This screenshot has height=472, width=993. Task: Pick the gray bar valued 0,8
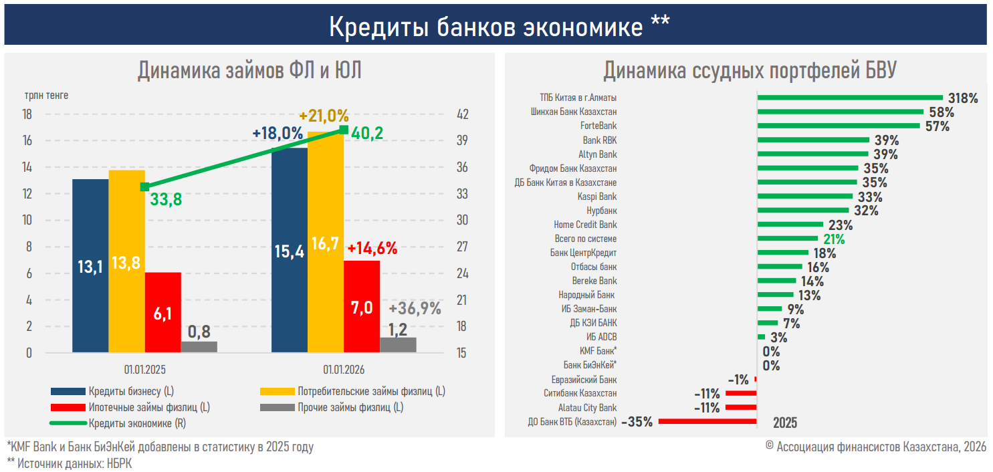coord(199,347)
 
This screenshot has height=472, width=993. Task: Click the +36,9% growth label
coord(415,309)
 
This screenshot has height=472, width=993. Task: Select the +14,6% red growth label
coord(372,249)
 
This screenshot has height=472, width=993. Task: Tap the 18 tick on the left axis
coord(27,114)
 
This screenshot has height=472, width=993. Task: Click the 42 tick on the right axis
coord(462,114)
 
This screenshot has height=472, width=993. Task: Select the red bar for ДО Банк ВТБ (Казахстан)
coord(707,422)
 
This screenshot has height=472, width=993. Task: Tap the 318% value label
coord(963,98)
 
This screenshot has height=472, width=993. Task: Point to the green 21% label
coord(834,239)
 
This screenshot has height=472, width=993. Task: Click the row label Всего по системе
coord(586,239)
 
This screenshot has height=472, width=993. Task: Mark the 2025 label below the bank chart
coord(785,423)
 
